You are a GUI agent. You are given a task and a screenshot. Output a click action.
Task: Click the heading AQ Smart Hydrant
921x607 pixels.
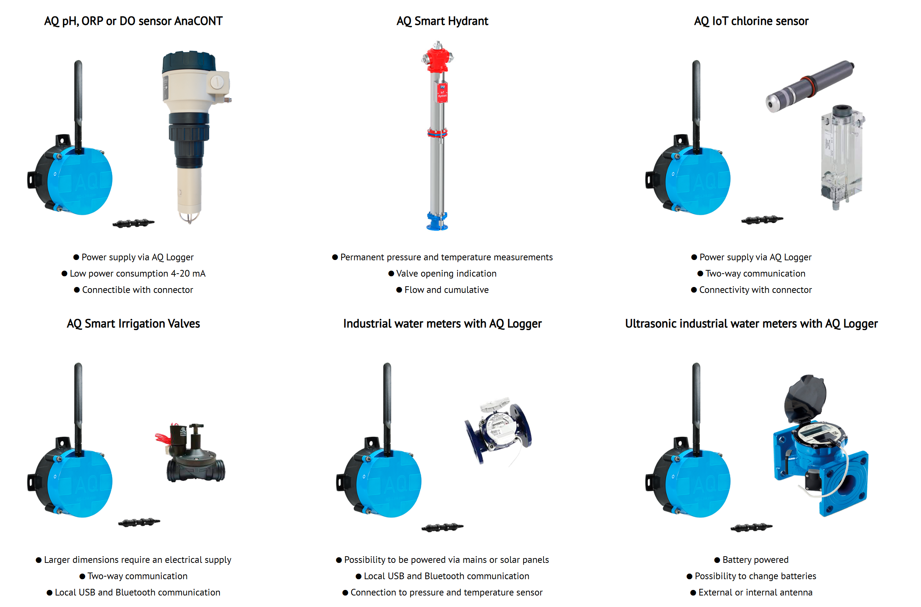point(442,21)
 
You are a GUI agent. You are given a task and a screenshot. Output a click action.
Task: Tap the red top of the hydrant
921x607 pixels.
point(437,58)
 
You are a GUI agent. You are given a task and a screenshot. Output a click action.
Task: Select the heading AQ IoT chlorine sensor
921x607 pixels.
point(751,21)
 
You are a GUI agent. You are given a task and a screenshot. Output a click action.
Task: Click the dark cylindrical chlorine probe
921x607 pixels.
point(809,86)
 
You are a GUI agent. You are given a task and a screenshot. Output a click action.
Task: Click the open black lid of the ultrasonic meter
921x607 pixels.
point(805,399)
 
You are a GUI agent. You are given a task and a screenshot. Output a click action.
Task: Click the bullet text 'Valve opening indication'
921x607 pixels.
point(446,274)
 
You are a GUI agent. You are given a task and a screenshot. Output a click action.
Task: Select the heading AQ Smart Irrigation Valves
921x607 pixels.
point(133,324)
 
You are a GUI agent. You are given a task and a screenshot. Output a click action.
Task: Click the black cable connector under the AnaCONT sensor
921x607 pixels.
point(133,223)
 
